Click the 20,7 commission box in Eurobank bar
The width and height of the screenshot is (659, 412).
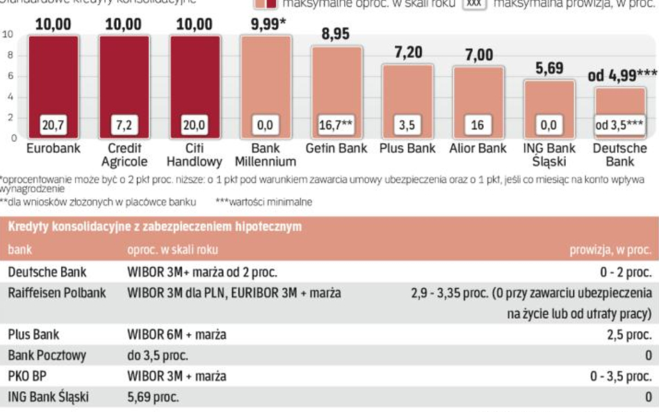pos(54,126)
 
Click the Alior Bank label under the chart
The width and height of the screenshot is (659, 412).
pos(478,149)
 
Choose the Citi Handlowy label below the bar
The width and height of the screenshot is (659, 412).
pos(195,155)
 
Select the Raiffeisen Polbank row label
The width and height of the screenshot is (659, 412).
pos(57,292)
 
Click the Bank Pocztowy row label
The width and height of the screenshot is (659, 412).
pos(47,355)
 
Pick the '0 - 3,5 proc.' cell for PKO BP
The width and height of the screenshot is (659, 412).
pos(621,377)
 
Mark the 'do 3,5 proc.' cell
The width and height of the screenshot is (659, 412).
pos(158,355)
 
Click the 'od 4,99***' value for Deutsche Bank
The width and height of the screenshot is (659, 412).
pos(622,75)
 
